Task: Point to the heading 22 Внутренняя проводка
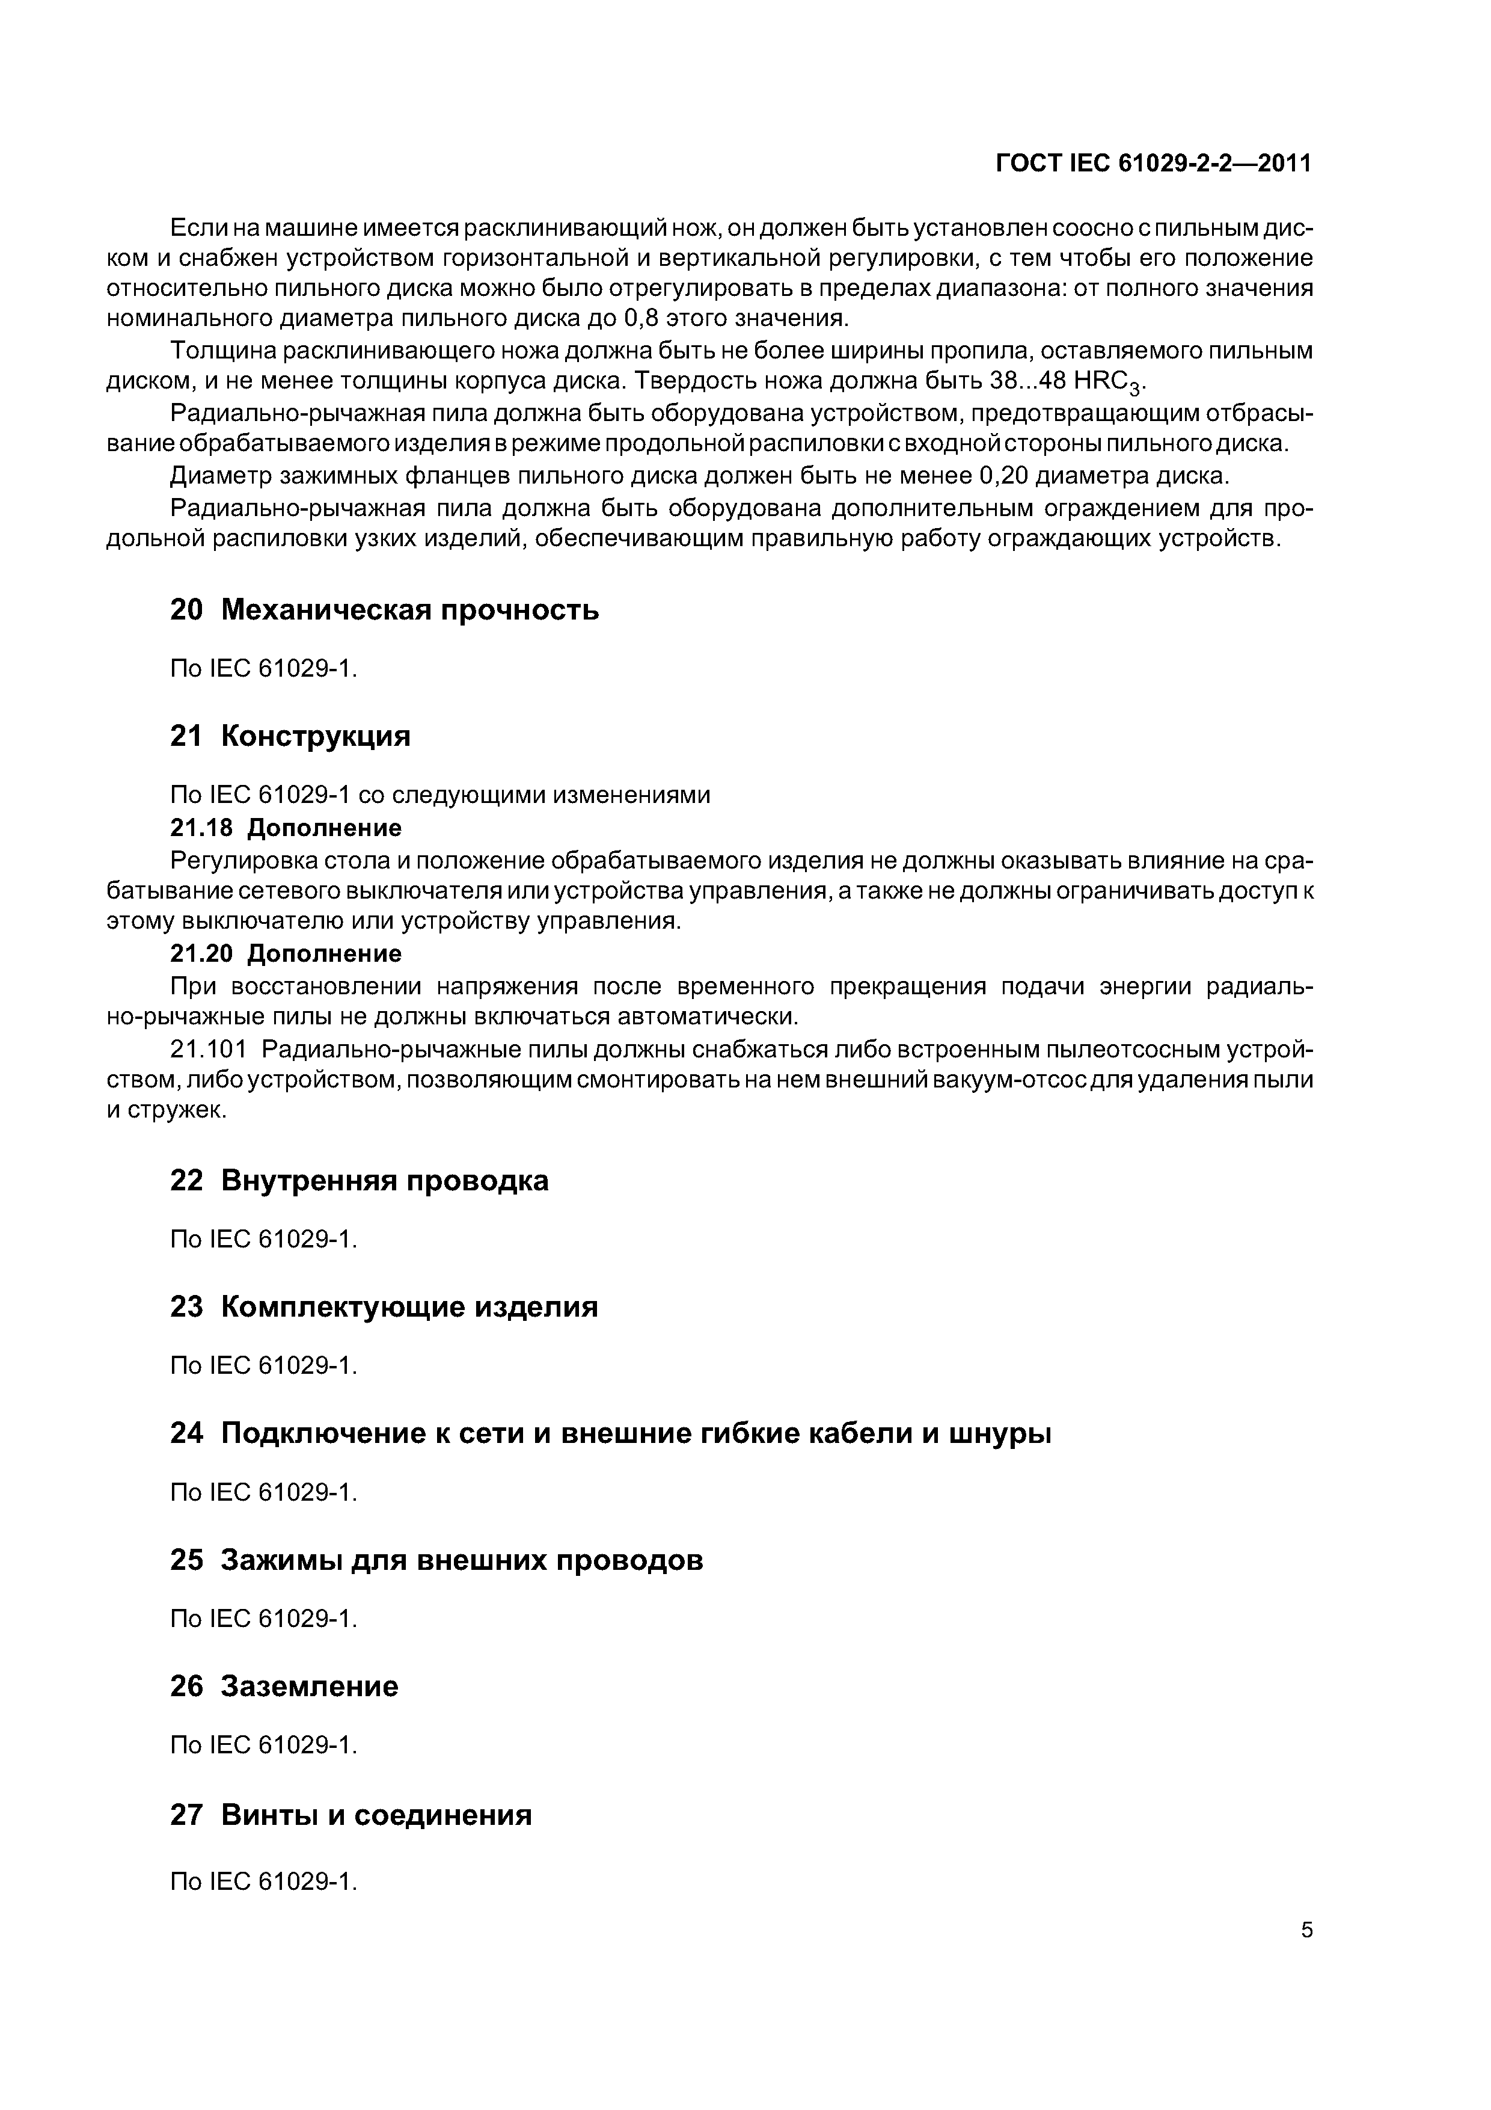click(359, 1181)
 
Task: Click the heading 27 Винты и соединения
click(351, 1815)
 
